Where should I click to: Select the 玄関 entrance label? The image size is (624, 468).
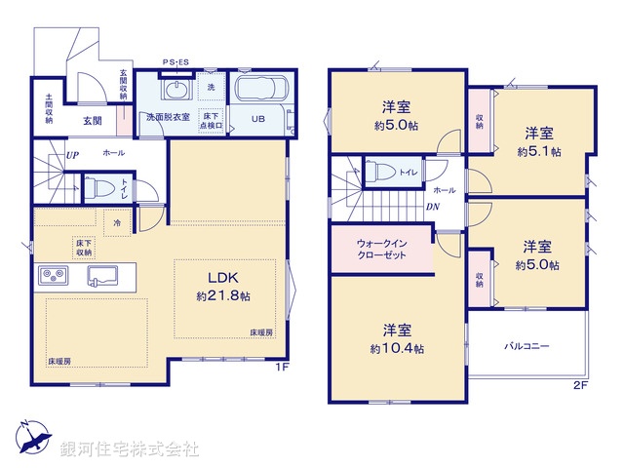click(93, 121)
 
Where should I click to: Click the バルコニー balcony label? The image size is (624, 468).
click(526, 346)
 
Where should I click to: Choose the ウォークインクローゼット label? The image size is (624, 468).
click(380, 249)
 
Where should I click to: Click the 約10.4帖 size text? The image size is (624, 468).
click(396, 348)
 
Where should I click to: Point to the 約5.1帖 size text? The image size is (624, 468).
click(539, 152)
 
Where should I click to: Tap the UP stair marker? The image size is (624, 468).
click(73, 155)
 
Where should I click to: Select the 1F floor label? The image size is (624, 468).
click(281, 368)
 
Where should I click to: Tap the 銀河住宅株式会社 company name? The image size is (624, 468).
click(130, 449)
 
